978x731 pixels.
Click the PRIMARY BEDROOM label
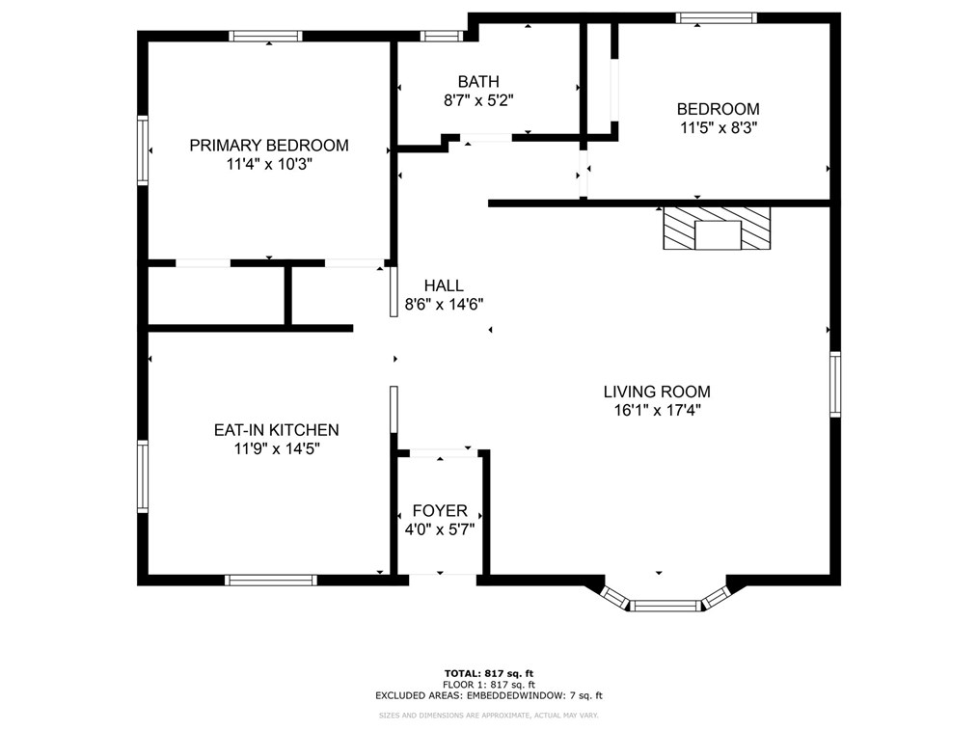pos(269,146)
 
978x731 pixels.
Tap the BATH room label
pos(478,82)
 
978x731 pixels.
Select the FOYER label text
pos(440,511)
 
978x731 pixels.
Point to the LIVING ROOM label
pos(657,392)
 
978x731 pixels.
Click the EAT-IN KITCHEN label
pos(276,430)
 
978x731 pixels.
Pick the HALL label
pos(444,285)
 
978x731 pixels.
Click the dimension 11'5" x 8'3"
pos(719,128)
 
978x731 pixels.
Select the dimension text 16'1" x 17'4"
pos(657,411)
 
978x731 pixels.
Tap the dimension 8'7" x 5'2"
pos(478,100)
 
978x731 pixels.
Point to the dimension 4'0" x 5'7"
pos(440,529)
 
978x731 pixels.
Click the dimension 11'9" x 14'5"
pos(277,448)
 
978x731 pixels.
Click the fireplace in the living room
pos(717,229)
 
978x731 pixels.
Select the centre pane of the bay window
pos(666,606)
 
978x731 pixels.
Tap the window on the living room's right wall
pos(835,384)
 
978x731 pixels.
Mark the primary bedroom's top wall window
pos(265,37)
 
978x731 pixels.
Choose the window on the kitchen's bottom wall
pos(271,580)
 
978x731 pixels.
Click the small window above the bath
pos(442,37)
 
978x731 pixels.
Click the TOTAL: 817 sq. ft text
pos(489,673)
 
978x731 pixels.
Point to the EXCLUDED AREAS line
pos(489,696)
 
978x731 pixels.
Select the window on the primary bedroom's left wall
pos(143,150)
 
